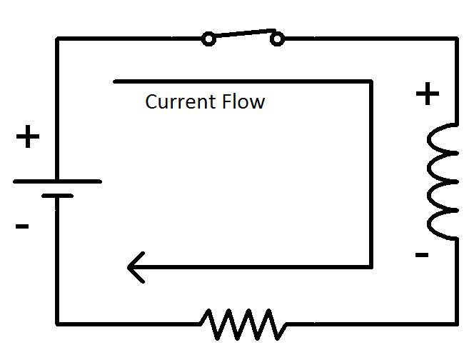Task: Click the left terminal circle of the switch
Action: click(x=208, y=39)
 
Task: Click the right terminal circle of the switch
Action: click(x=276, y=39)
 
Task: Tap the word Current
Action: click(x=175, y=101)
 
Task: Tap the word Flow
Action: click(x=242, y=101)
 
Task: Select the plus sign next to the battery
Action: click(x=28, y=136)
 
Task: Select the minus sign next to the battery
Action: click(x=21, y=227)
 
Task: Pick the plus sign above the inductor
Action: click(x=427, y=94)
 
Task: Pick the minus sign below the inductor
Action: click(x=421, y=254)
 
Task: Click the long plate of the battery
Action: click(x=57, y=181)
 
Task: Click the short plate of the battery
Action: click(x=57, y=195)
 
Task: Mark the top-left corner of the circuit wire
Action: click(x=57, y=39)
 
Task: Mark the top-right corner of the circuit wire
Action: click(x=455, y=39)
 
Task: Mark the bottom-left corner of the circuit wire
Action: click(x=57, y=324)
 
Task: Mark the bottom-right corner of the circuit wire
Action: click(x=455, y=324)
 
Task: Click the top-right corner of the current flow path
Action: click(x=371, y=81)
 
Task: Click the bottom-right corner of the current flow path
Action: click(x=371, y=267)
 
